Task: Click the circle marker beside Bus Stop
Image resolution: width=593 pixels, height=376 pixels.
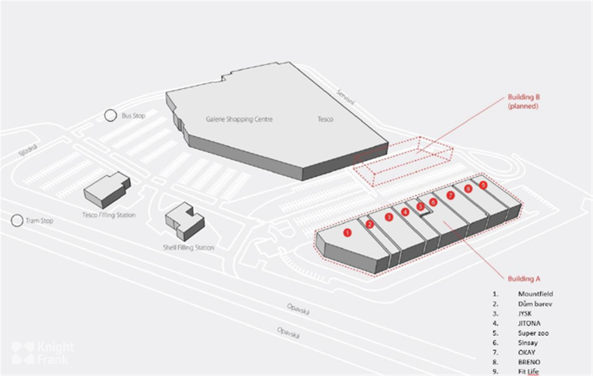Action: pyautogui.click(x=110, y=115)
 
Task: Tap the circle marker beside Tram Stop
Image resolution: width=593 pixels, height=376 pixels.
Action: pyautogui.click(x=17, y=220)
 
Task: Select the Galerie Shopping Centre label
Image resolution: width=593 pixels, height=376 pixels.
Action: pyautogui.click(x=239, y=119)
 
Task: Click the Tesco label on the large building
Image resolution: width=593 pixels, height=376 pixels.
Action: pyautogui.click(x=325, y=119)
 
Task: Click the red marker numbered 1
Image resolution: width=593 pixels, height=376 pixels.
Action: pyautogui.click(x=347, y=232)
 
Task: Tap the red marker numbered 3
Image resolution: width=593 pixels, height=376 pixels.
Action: pyautogui.click(x=388, y=217)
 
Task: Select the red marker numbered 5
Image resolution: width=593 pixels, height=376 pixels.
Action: pyautogui.click(x=420, y=206)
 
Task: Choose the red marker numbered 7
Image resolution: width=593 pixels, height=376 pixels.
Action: pyautogui.click(x=450, y=195)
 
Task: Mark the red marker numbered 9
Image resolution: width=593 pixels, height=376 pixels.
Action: pyautogui.click(x=483, y=185)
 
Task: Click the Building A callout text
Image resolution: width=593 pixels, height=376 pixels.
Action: pyautogui.click(x=524, y=279)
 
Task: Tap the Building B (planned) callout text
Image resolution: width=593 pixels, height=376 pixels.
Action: pyautogui.click(x=523, y=102)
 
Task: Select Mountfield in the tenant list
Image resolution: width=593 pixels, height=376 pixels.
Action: pyautogui.click(x=535, y=294)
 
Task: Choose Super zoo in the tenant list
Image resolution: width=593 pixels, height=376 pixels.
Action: pyautogui.click(x=533, y=333)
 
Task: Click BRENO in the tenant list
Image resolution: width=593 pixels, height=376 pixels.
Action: pyautogui.click(x=529, y=362)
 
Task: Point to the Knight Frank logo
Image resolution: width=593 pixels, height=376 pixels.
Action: pyautogui.click(x=42, y=353)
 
